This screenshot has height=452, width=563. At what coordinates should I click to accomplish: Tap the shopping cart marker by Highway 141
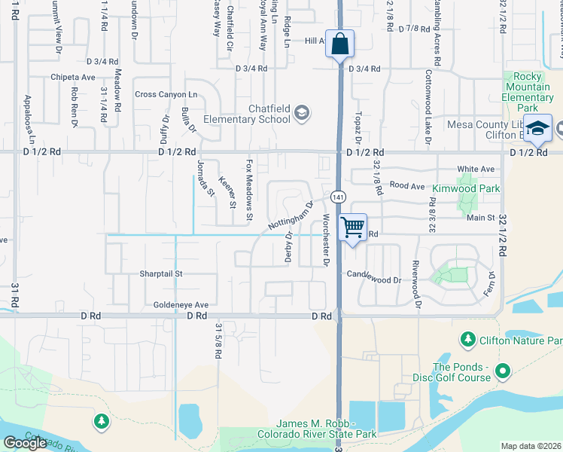pyautogui.click(x=353, y=227)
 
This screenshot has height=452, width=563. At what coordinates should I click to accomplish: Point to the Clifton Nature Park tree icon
pyautogui.click(x=467, y=341)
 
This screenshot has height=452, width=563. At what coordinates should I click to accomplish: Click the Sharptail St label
pyautogui.click(x=161, y=273)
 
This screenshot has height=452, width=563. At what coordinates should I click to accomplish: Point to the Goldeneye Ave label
pyautogui.click(x=181, y=304)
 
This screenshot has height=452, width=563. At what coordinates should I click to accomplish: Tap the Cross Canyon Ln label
pyautogui.click(x=166, y=94)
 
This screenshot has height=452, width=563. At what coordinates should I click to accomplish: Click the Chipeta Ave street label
pyautogui.click(x=73, y=77)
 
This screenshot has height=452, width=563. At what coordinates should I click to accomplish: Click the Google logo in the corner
pyautogui.click(x=25, y=442)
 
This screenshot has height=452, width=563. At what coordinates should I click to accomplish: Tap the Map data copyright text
pyautogui.click(x=531, y=446)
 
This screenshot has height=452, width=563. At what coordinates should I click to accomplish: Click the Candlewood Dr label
pyautogui.click(x=374, y=279)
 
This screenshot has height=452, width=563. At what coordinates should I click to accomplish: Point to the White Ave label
pyautogui.click(x=476, y=169)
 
